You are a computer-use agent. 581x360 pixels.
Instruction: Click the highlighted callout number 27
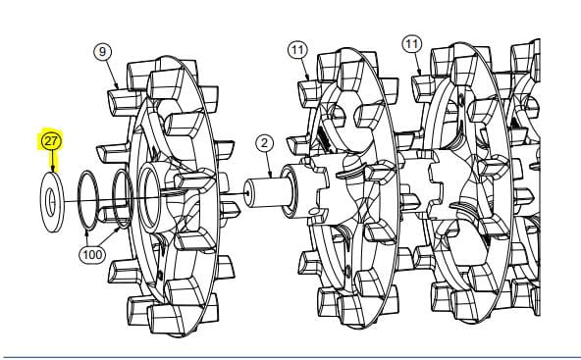pyautogui.click(x=51, y=141)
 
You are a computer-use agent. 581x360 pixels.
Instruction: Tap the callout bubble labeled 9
pyautogui.click(x=103, y=51)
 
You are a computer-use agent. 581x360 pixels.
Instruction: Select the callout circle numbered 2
pyautogui.click(x=264, y=143)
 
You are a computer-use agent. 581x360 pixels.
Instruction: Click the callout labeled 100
pyautogui.click(x=92, y=254)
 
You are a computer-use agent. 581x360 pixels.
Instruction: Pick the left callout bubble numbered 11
pyautogui.click(x=298, y=50)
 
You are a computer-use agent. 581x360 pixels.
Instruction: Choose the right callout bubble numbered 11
pyautogui.click(x=411, y=44)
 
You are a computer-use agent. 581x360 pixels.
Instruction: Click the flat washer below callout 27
pyautogui.click(x=52, y=201)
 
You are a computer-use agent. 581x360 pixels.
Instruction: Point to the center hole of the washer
pyautogui.click(x=50, y=202)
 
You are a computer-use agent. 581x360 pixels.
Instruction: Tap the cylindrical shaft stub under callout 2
pyautogui.click(x=266, y=192)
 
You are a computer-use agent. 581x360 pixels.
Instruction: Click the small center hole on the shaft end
pyautogui.click(x=246, y=193)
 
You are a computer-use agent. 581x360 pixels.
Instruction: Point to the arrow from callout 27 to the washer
pyautogui.click(x=52, y=161)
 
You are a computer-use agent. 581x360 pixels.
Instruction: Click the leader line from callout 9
pyautogui.click(x=112, y=75)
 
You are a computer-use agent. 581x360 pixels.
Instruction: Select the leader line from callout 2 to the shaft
pyautogui.click(x=268, y=165)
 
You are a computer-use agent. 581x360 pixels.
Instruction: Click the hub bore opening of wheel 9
pyautogui.click(x=149, y=198)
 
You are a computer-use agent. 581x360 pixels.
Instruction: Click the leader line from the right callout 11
pyautogui.click(x=418, y=64)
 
